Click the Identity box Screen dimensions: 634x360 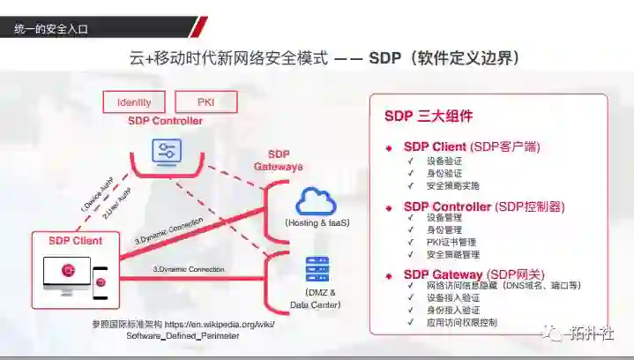134,101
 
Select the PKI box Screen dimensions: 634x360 206,101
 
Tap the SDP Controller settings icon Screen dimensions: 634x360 165,151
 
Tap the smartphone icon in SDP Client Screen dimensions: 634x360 101,281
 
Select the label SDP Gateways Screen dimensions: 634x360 279,160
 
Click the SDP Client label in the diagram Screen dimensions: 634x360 75,240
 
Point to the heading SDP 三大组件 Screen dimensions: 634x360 429,116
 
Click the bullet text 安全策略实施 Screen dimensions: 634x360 453,186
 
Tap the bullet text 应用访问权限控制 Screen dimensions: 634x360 461,323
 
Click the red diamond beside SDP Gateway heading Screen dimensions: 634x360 389,275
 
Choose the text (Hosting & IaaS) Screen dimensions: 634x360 317,223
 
